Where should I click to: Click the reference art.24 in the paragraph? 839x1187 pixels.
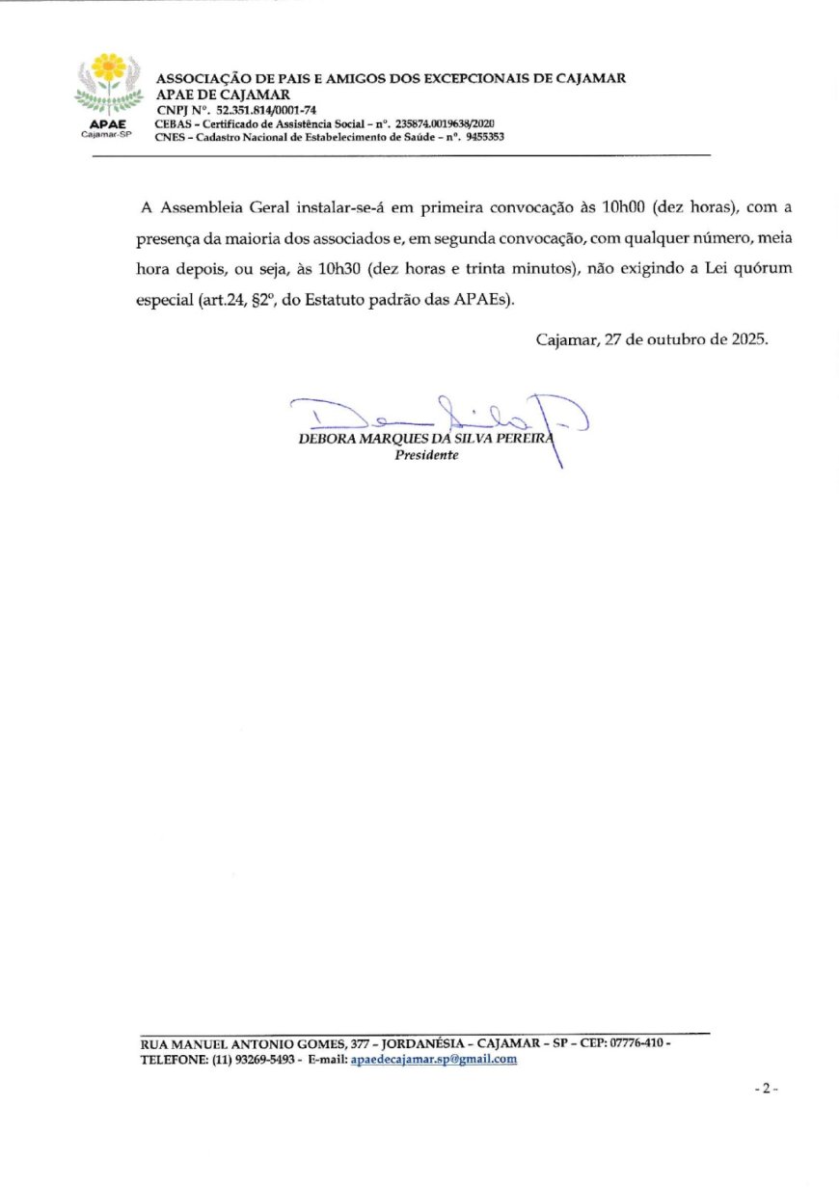(x=224, y=300)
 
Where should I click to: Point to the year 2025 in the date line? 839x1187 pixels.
(x=746, y=339)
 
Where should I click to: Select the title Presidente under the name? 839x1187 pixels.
(x=426, y=455)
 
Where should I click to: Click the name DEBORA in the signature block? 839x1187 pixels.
(x=330, y=441)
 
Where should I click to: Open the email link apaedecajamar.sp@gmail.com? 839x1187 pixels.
(x=433, y=1059)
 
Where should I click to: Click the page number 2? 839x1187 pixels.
(x=766, y=1089)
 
